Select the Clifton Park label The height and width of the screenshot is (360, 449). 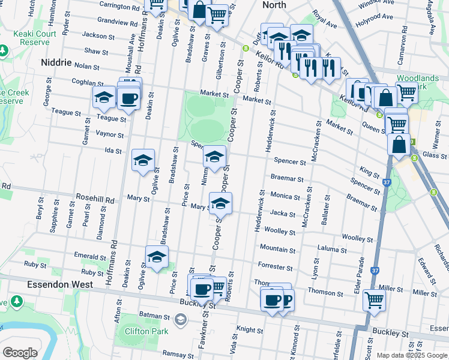(141, 331)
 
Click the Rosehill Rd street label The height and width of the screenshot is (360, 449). (94, 198)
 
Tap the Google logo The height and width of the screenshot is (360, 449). (20, 353)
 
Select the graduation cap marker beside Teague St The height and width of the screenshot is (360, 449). (104, 97)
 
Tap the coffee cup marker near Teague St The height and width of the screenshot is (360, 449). (128, 98)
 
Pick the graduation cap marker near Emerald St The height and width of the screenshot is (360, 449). (157, 256)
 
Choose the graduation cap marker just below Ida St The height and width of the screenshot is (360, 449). (143, 160)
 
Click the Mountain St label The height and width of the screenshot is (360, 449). (277, 248)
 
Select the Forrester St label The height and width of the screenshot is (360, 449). (274, 266)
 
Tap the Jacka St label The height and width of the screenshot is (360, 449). (283, 214)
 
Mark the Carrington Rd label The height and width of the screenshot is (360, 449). (119, 7)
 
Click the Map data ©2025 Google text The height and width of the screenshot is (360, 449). (411, 355)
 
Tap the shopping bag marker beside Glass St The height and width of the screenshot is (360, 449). (399, 144)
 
